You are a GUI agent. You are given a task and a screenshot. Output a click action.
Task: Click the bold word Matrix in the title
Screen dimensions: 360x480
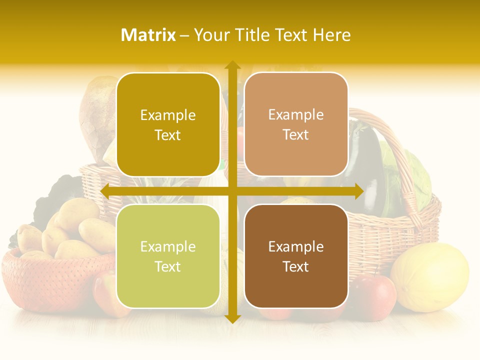148,35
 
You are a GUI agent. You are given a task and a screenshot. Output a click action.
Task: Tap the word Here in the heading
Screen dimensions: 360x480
332,35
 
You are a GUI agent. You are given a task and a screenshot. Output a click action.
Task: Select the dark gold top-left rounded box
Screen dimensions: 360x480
168,124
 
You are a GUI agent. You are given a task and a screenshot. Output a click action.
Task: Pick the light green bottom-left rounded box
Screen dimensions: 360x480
168,256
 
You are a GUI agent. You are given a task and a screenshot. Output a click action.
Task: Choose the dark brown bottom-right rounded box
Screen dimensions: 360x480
296,256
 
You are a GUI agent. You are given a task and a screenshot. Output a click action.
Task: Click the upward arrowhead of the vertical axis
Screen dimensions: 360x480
232,65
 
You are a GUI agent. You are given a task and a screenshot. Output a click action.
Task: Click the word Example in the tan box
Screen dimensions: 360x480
296,114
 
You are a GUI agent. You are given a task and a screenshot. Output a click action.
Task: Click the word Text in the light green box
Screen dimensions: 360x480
168,266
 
